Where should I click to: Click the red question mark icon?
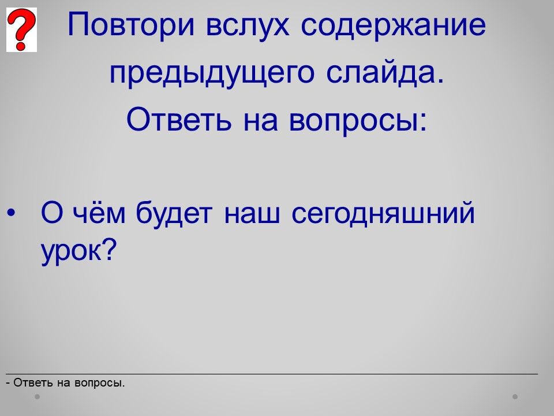(21, 29)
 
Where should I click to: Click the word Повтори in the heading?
(131, 25)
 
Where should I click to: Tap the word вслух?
(248, 25)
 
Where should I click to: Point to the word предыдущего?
(212, 73)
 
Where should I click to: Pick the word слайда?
(385, 73)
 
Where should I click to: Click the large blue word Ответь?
(179, 119)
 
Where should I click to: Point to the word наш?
(252, 214)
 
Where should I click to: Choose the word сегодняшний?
(383, 213)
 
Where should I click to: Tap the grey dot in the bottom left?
(37, 396)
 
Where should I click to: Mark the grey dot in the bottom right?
(515, 396)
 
